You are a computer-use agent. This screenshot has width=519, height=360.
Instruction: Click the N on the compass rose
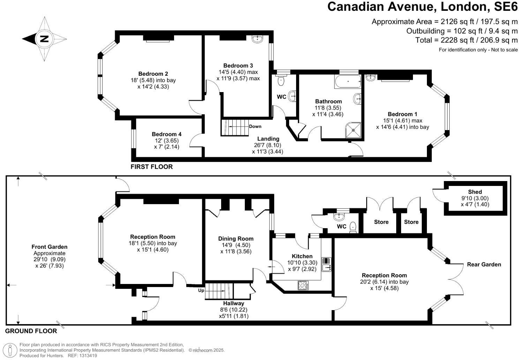(44, 39)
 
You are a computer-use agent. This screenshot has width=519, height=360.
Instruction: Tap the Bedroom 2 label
(153, 74)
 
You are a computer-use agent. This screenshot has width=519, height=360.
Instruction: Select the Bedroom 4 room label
(167, 134)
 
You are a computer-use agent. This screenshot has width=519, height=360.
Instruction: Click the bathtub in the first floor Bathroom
(347, 81)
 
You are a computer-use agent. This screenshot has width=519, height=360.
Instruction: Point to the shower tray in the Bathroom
(353, 130)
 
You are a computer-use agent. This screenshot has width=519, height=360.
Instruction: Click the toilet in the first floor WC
(281, 80)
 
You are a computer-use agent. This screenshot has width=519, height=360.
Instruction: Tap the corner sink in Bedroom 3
(257, 39)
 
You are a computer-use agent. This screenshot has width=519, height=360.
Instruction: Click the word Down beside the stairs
(255, 127)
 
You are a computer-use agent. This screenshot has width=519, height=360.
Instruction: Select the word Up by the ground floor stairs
(201, 291)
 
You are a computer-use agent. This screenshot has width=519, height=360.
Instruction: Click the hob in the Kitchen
(303, 285)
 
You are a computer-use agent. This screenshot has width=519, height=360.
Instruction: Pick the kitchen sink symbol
(326, 264)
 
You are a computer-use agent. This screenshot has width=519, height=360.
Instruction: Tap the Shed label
(475, 192)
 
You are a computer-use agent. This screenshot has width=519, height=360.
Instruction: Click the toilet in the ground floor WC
(353, 227)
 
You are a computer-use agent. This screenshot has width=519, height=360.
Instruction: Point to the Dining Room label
(236, 239)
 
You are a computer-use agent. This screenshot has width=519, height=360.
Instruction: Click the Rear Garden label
(484, 264)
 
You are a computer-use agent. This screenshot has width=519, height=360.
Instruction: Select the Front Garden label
(49, 247)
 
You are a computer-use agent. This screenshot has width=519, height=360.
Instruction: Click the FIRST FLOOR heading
(151, 167)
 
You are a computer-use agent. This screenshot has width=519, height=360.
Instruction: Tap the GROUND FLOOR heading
(31, 331)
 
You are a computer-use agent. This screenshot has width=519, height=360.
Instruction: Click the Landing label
(268, 139)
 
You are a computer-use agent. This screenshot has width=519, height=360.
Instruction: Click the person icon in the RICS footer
(10, 350)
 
